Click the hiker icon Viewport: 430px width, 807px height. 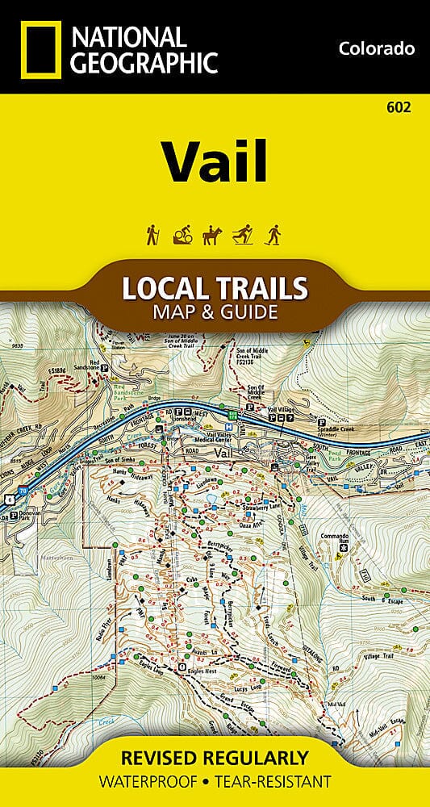[152, 234]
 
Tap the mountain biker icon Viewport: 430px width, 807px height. [182, 234]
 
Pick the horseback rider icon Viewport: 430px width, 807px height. [213, 234]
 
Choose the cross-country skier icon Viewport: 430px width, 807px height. [244, 234]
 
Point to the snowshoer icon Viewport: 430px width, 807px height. [274, 234]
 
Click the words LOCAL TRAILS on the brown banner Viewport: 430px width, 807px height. [214, 288]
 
